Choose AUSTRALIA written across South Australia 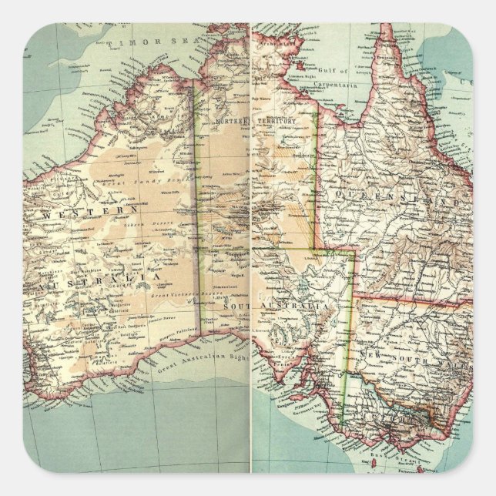coord(297,307)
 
